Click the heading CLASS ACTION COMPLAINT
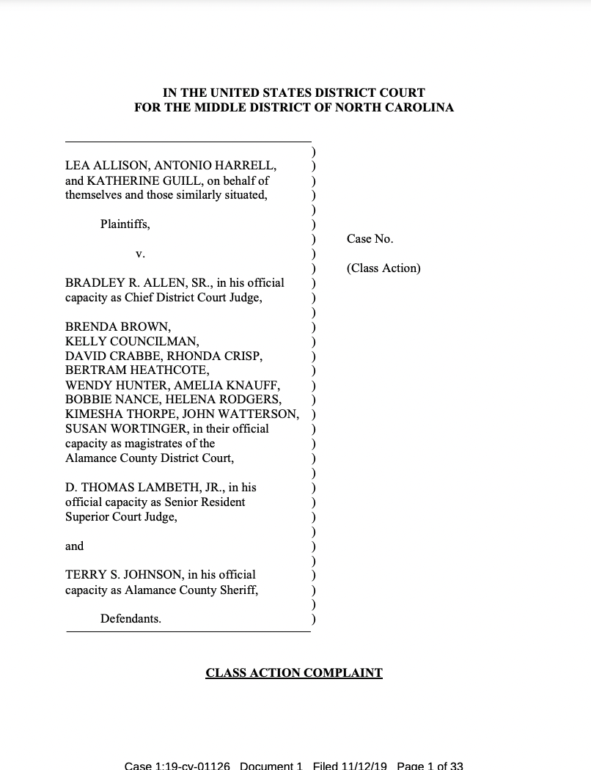[294, 672]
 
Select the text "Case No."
[370, 239]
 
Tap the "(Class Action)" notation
[383, 268]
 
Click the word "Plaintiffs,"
[125, 224]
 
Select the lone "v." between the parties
[140, 254]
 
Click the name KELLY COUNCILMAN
[132, 342]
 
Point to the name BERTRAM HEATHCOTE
[137, 370]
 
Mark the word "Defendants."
[131, 619]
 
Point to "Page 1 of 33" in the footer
[430, 766]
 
